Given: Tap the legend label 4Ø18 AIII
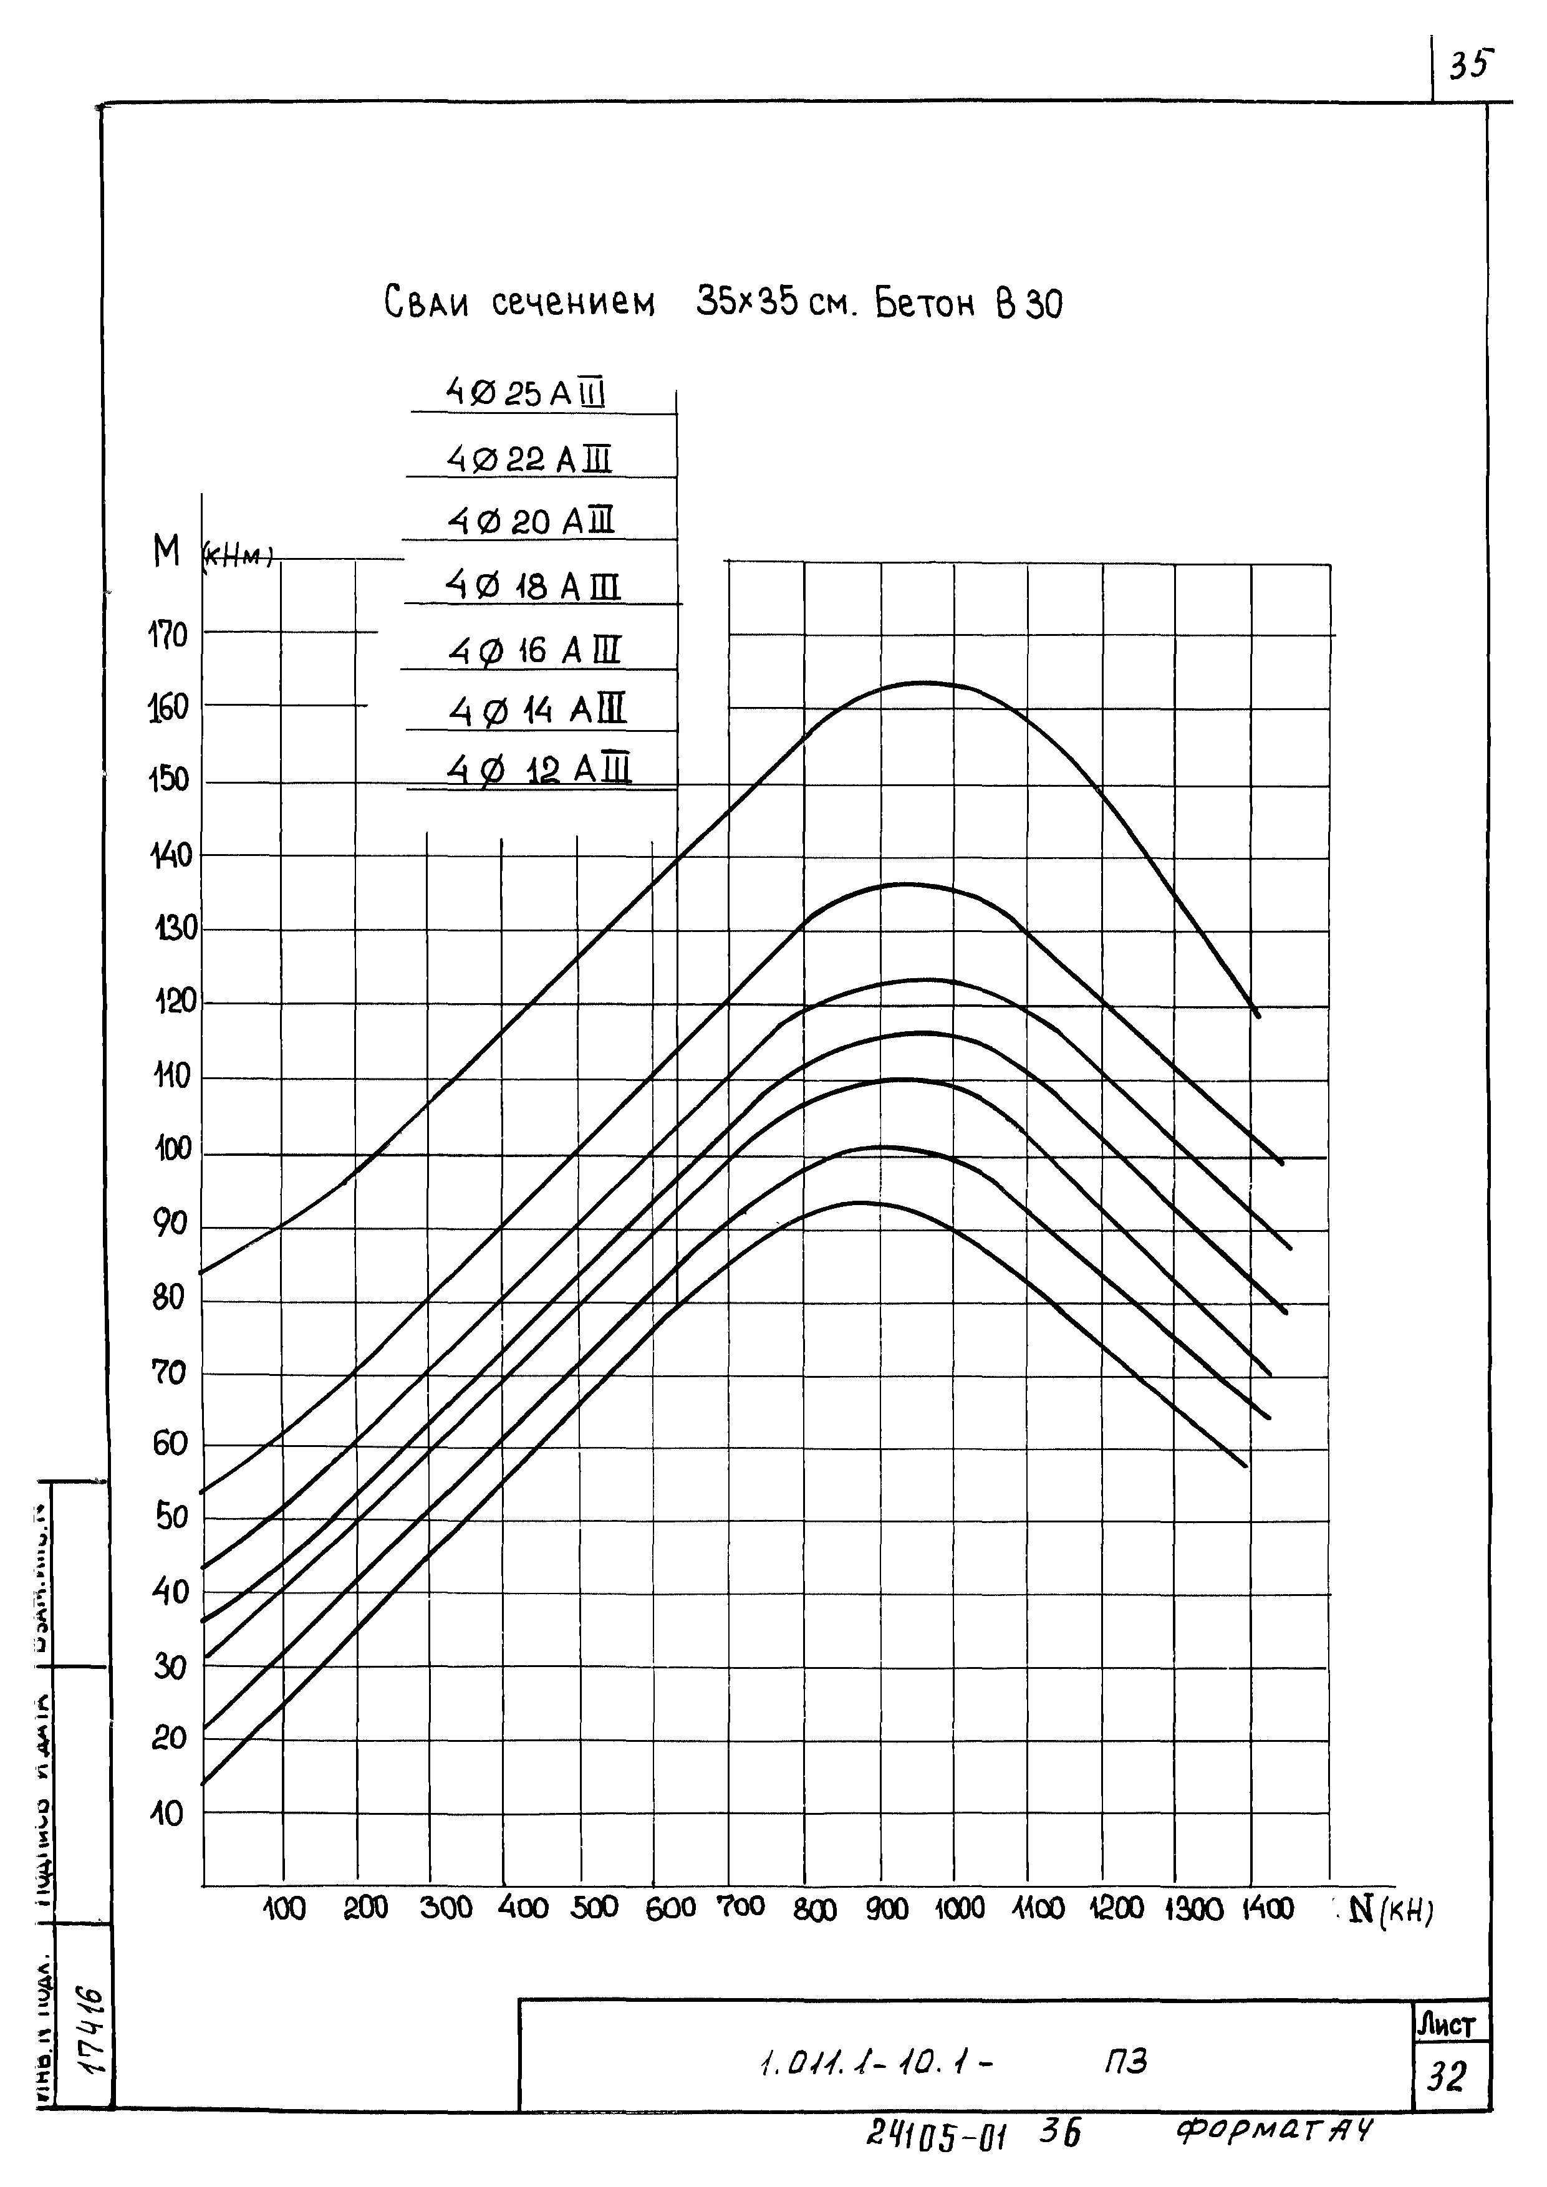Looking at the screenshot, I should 533,586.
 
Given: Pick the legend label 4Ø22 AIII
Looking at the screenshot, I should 529,460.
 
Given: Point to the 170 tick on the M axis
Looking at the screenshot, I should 168,635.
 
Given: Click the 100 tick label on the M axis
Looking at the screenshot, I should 173,1150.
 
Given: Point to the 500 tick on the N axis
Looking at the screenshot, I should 594,1908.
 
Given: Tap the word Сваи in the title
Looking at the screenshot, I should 427,303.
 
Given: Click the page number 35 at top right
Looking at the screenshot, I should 1470,65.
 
